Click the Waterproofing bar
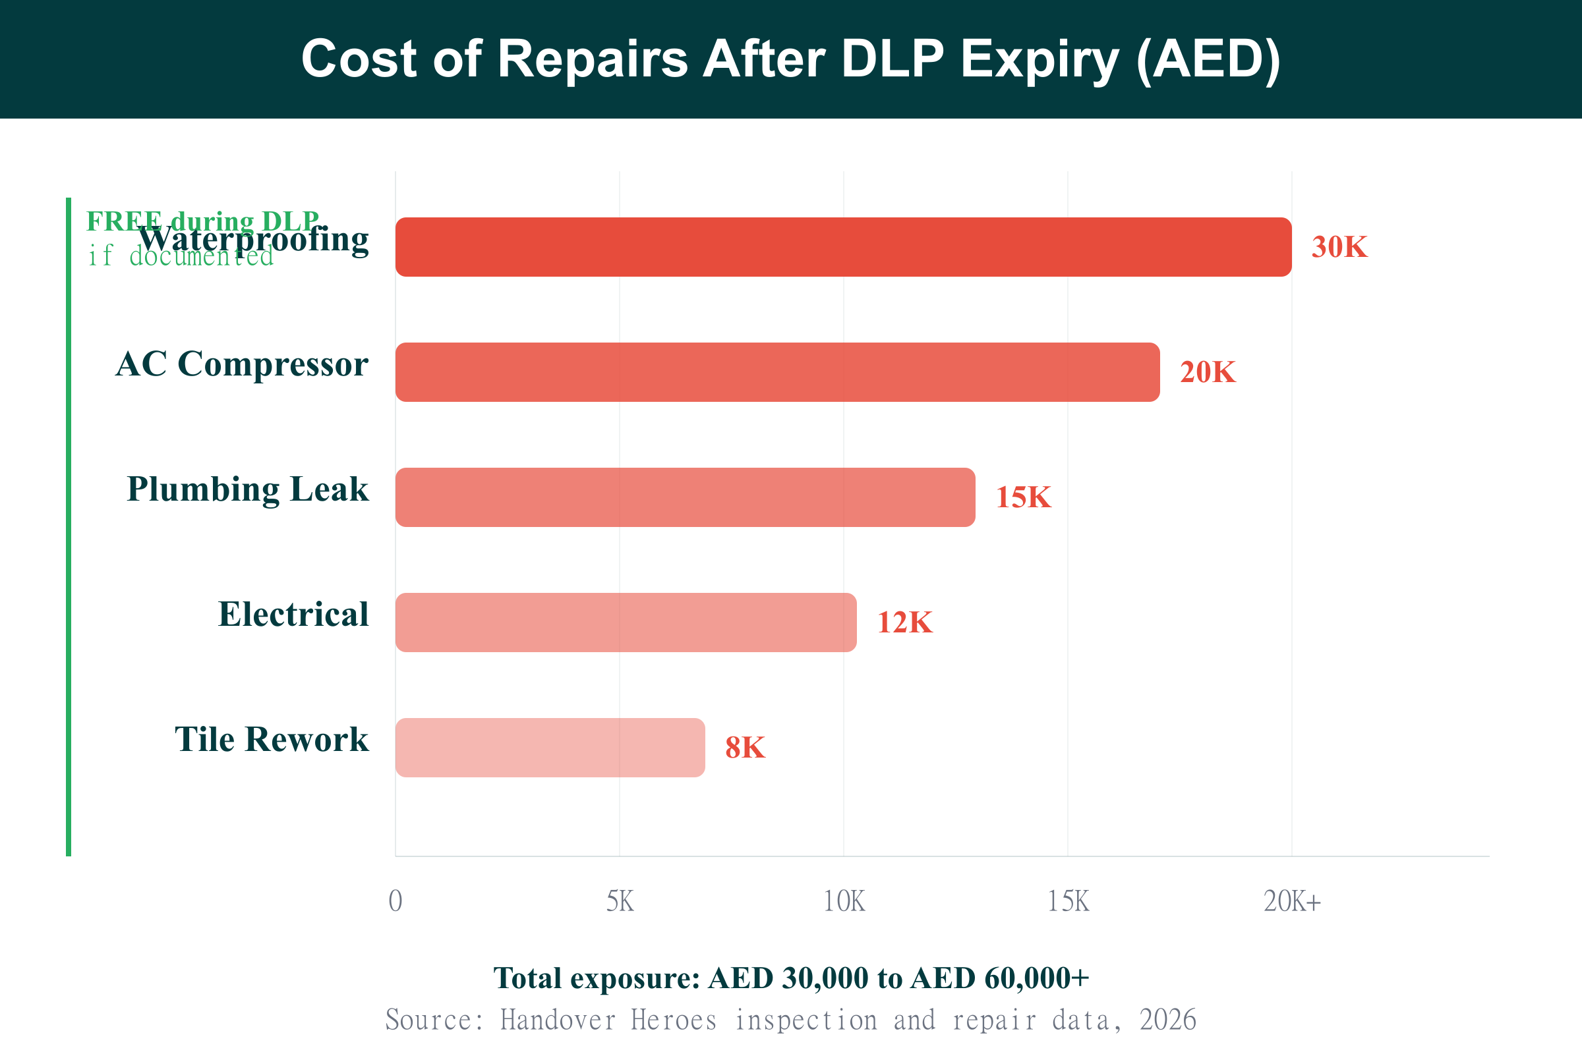844,246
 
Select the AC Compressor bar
778,372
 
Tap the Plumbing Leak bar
685,497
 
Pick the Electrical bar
626,622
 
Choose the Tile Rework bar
550,747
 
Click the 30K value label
1339,246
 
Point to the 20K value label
1208,372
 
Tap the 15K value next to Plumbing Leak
1023,497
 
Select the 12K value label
904,622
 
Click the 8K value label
746,747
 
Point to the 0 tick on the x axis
395,901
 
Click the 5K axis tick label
620,901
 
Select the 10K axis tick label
844,901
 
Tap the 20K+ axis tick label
1292,901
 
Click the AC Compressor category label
241,364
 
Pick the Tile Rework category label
272,738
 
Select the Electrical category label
293,614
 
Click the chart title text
791,59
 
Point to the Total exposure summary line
791,978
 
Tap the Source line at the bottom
791,1020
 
